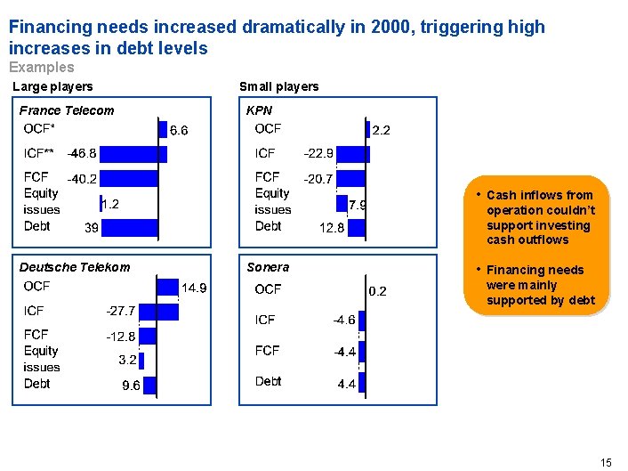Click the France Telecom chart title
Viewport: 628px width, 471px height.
[x=67, y=110]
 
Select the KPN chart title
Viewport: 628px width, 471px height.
[x=260, y=110]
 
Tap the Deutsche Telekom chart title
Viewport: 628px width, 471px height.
[x=75, y=267]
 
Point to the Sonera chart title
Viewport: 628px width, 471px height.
[x=268, y=267]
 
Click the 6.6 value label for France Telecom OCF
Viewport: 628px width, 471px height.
[x=179, y=130]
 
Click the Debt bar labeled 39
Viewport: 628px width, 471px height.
[x=129, y=227]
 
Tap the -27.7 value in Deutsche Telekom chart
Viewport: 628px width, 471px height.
[x=120, y=311]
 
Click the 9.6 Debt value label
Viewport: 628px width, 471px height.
[x=131, y=386]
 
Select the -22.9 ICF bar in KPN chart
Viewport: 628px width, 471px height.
[x=355, y=153]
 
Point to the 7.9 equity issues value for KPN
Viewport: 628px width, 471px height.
[x=358, y=205]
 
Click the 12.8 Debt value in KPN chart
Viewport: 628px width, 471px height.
[x=331, y=227]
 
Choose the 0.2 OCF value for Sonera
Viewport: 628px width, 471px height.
[x=378, y=290]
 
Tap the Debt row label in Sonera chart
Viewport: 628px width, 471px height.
[x=268, y=381]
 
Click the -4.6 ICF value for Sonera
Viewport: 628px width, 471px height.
[x=344, y=319]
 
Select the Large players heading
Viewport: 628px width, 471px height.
[x=52, y=86]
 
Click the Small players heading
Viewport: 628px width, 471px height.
[x=278, y=86]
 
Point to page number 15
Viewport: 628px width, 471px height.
[x=606, y=461]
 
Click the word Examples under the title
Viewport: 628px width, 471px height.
[x=41, y=68]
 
